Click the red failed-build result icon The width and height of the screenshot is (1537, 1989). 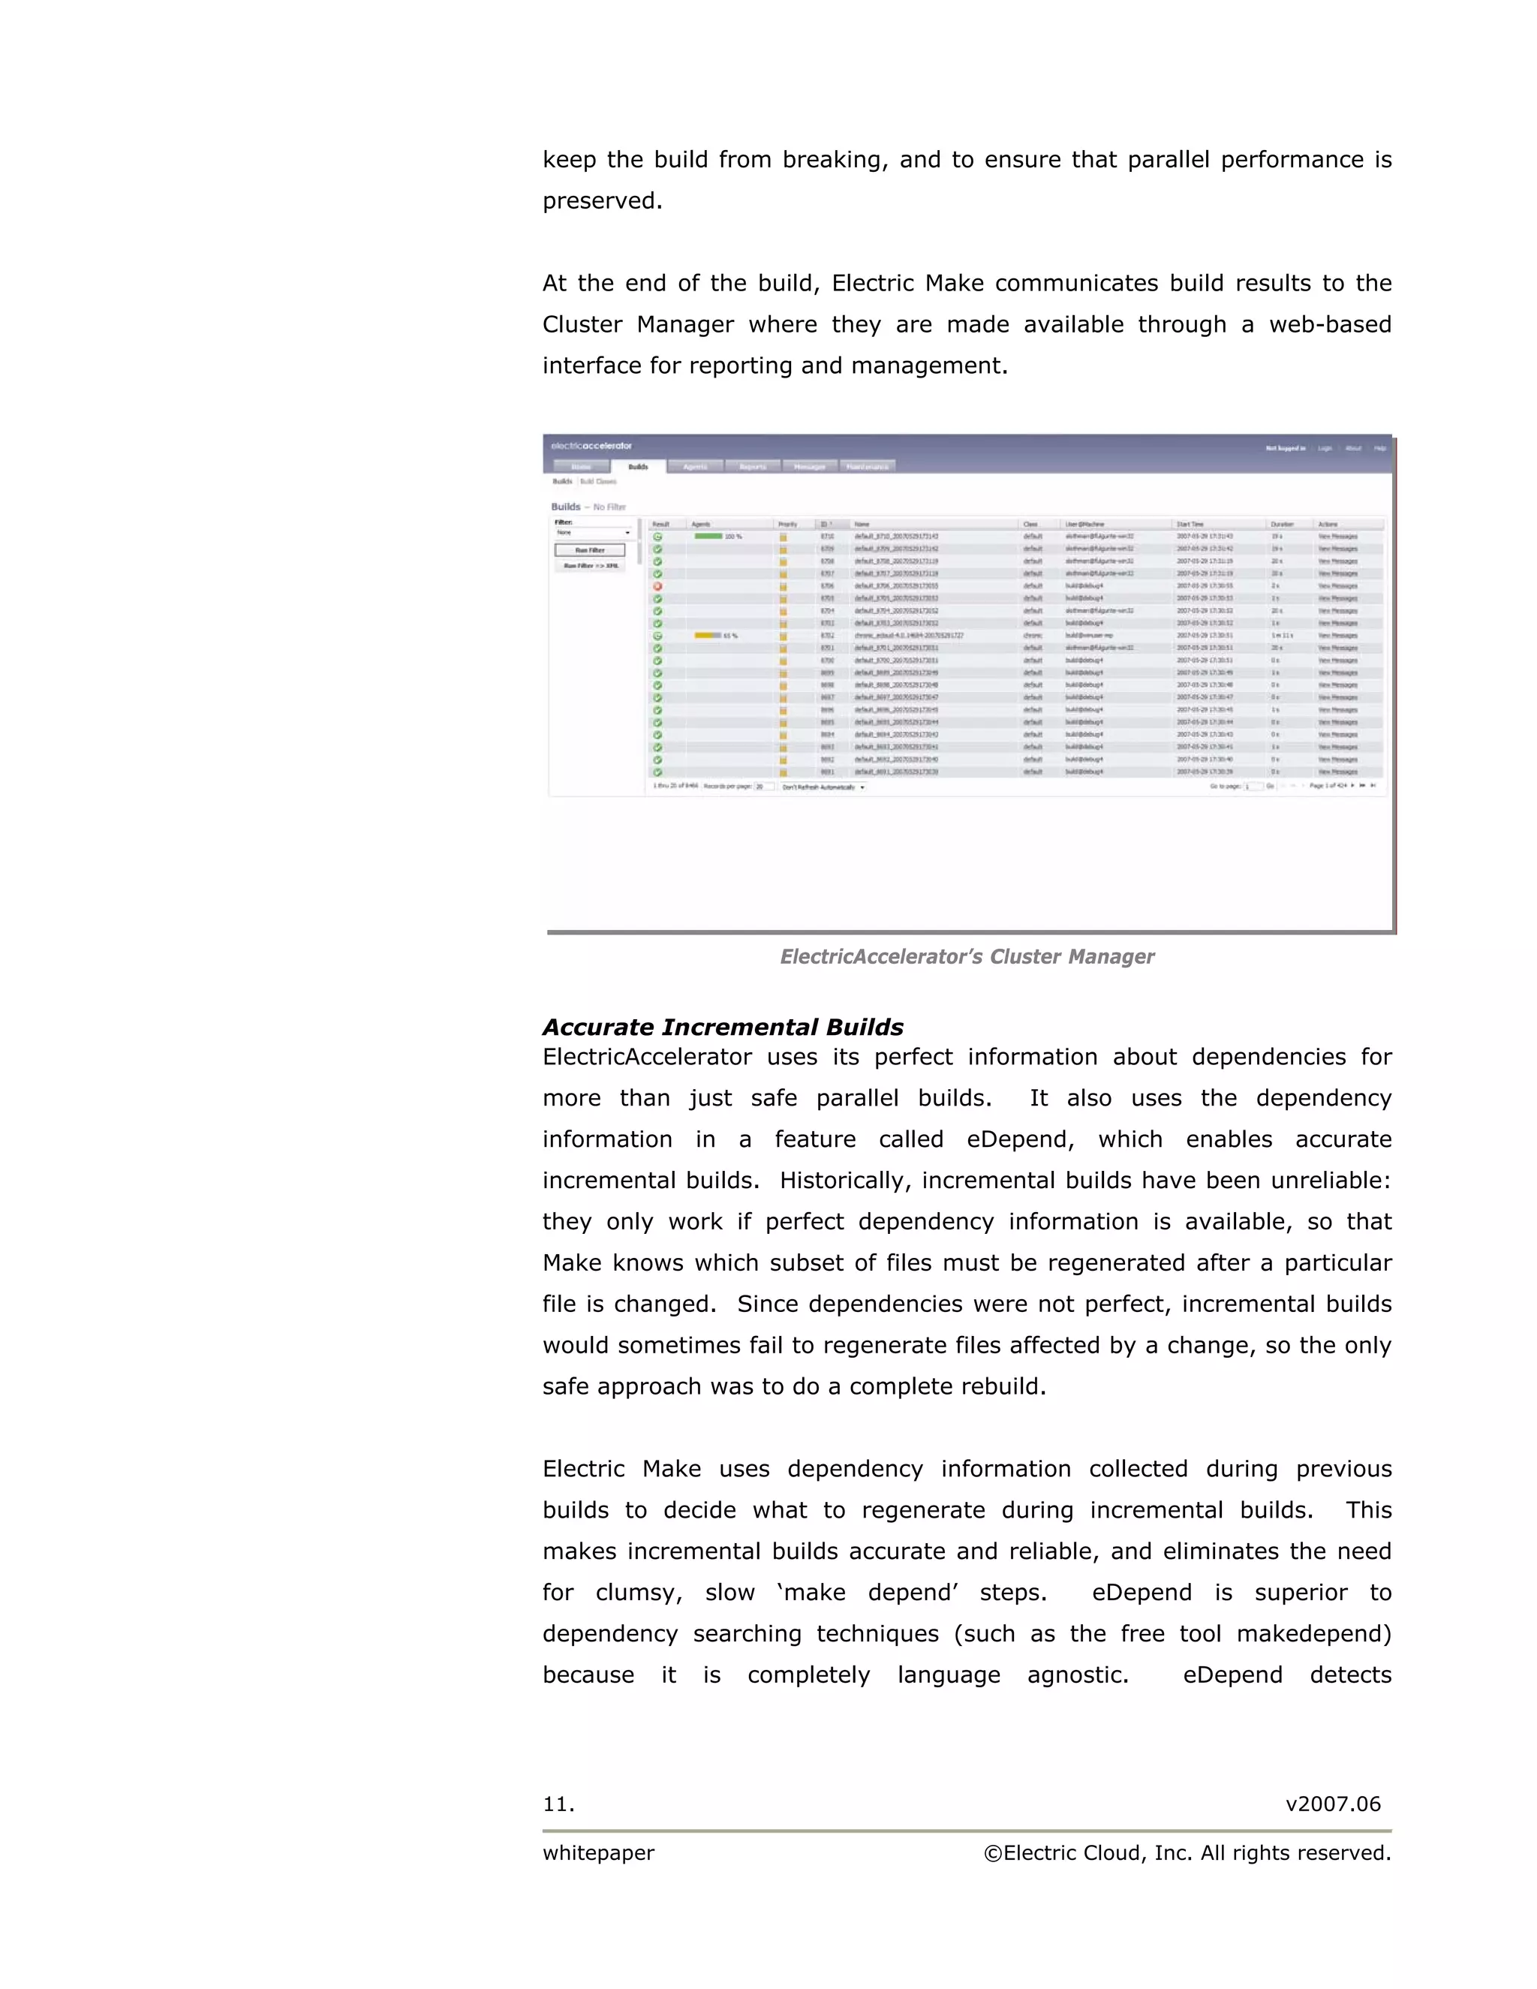tap(657, 586)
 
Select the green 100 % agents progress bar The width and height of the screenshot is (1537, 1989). tap(708, 537)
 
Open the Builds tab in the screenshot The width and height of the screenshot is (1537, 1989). tap(639, 466)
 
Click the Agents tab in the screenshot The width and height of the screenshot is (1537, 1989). tap(695, 466)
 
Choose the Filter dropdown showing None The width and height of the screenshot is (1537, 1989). tap(593, 533)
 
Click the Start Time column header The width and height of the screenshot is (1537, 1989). tap(1190, 525)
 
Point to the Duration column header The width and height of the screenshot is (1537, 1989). tap(1282, 525)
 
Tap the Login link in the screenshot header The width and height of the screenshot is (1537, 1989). tap(1325, 448)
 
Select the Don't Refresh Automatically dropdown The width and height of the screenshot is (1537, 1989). tap(823, 787)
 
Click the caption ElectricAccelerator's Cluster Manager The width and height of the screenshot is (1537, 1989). tap(967, 956)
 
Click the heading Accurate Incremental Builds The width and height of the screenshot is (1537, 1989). tap(722, 1028)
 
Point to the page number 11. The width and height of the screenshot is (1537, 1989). tap(558, 1804)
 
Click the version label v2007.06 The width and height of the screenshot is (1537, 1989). tap(1332, 1804)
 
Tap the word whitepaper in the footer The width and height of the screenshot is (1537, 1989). tap(598, 1853)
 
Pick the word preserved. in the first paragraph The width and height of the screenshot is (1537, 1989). tap(602, 201)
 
